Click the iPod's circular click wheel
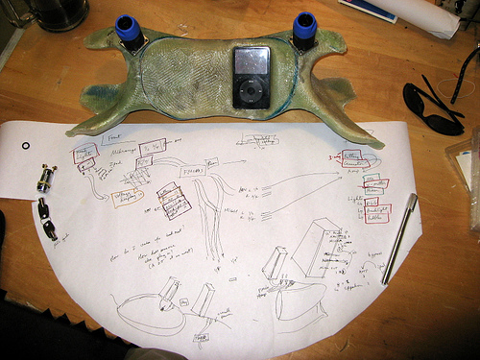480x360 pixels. (x=251, y=93)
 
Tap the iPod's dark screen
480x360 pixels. (x=251, y=62)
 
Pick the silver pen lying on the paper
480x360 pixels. (x=399, y=237)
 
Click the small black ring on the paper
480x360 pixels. (x=26, y=145)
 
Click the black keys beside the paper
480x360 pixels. (x=48, y=220)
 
